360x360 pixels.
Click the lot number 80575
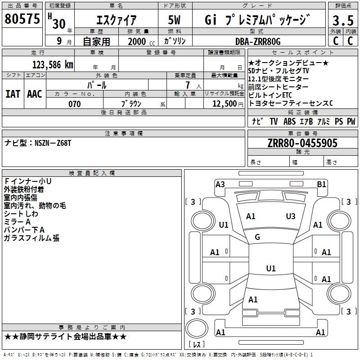point(22,19)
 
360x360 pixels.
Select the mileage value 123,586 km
point(53,64)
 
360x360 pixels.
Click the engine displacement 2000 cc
point(137,41)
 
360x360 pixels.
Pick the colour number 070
point(74,104)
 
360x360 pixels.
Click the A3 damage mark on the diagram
point(220,184)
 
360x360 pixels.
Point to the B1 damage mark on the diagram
point(321,184)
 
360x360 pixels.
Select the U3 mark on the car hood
point(291,216)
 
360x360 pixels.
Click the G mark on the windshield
point(257,237)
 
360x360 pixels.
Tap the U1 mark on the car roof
point(270,269)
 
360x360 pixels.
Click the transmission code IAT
point(13,94)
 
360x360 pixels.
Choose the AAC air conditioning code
point(35,94)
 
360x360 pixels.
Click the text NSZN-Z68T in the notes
point(53,143)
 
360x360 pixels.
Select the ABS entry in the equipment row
point(290,121)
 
